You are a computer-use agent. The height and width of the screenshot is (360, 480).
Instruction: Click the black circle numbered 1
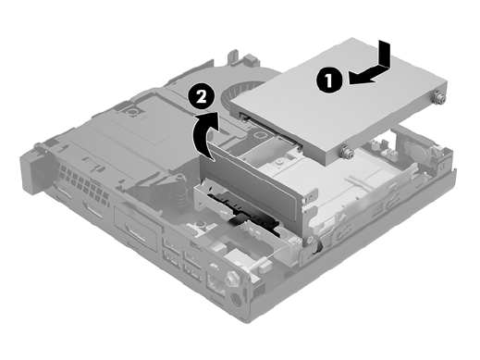[329, 81]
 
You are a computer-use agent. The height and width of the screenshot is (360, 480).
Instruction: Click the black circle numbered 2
[202, 97]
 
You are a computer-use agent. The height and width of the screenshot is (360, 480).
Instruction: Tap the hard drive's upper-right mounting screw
[438, 98]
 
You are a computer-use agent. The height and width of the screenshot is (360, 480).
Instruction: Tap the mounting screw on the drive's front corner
[345, 152]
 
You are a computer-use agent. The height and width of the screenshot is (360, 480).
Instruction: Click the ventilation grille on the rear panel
[81, 182]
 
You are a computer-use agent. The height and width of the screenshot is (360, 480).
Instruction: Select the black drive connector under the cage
[243, 212]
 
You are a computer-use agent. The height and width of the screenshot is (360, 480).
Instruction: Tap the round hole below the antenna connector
[236, 300]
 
